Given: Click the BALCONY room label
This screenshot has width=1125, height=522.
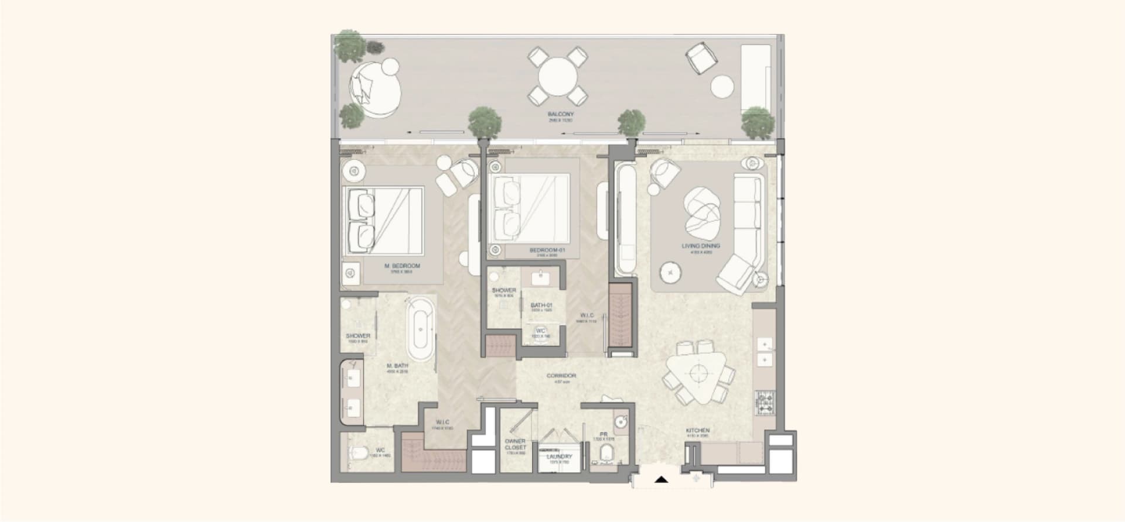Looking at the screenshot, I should pos(561,114).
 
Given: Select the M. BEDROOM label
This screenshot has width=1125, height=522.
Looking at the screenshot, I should pos(402,266).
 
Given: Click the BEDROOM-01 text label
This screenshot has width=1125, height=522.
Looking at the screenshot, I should pos(546,250).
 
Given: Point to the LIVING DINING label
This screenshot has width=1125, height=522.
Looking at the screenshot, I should pos(701,246).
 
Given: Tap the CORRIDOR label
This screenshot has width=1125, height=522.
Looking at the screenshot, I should pos(561,376).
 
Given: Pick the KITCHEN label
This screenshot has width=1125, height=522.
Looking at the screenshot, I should pos(697,431).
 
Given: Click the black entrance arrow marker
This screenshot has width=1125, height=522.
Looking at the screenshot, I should pos(662,480).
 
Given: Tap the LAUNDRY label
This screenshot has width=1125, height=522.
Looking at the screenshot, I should pos(559,456).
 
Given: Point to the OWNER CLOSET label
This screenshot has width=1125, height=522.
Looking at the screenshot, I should pos(515,444).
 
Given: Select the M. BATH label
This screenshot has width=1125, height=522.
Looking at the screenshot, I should pos(397,366).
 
